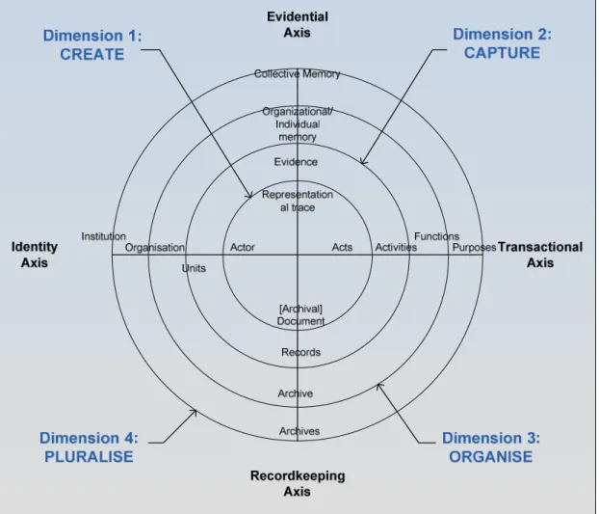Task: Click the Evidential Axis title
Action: (298, 25)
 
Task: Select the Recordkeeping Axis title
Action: (298, 483)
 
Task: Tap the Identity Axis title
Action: (35, 255)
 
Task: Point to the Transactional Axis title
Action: (540, 255)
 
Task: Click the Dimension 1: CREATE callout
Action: (92, 44)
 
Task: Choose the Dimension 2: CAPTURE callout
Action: (502, 43)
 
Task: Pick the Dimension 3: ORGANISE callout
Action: (491, 447)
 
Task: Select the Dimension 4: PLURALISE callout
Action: (89, 447)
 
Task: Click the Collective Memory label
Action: (297, 74)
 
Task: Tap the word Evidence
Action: (296, 162)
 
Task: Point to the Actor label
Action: (242, 248)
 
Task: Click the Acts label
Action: (342, 248)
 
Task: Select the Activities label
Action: (396, 248)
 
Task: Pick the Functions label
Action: (436, 236)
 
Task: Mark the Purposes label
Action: (474, 248)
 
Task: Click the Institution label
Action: (104, 236)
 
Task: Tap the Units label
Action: (194, 268)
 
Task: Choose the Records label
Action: (301, 352)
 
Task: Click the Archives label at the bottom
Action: (299, 431)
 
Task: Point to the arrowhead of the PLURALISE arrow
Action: (196, 411)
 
